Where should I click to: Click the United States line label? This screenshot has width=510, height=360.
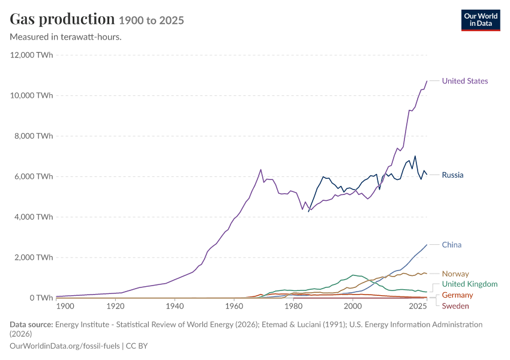tap(465, 81)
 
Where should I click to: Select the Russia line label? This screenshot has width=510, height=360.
tap(452, 175)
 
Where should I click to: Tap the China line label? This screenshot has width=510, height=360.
tap(451, 245)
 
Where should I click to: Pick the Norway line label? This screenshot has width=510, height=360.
tap(455, 274)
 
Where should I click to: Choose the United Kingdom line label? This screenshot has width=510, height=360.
tap(470, 284)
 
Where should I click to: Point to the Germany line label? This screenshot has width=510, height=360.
tap(457, 295)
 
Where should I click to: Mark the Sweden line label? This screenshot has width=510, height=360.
tap(455, 306)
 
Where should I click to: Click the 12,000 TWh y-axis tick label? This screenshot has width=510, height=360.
tap(32, 55)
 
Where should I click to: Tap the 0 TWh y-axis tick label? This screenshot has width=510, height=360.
tap(41, 298)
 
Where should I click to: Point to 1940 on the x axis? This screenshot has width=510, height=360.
tap(175, 306)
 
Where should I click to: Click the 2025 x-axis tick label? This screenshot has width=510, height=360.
tap(418, 306)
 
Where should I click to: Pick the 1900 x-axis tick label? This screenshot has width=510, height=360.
tap(65, 306)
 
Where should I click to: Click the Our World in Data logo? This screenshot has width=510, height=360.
tap(481, 20)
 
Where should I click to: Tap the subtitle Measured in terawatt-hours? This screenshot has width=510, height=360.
tap(66, 37)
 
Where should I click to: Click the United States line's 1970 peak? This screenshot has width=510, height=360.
tap(260, 169)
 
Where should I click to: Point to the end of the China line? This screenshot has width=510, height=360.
tap(427, 245)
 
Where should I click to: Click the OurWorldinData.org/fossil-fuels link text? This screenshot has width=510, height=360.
tap(65, 346)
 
